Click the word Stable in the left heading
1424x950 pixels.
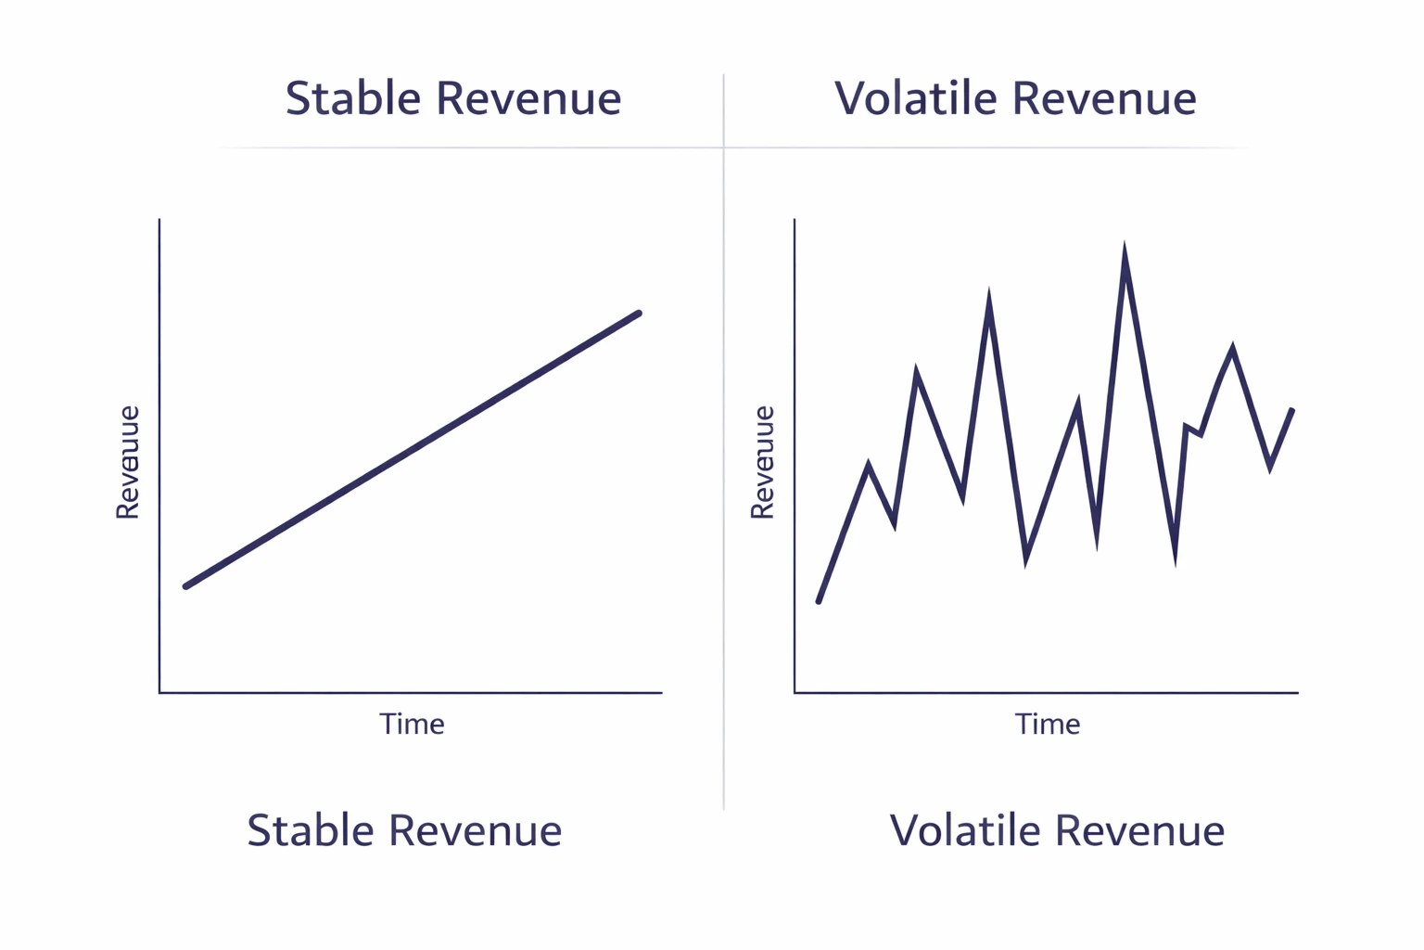353,98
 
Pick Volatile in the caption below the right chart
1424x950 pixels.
964,830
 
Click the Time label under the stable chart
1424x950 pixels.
412,724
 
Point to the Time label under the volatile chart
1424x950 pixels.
1047,724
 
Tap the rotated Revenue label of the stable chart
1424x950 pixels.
127,462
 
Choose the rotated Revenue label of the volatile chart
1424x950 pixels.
762,462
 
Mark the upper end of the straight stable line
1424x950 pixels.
639,314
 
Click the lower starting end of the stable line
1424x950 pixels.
186,586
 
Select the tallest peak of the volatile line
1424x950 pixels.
1125,250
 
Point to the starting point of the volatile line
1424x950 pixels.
819,601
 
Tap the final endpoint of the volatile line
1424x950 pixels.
1291,410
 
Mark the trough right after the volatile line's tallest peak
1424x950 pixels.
1175,559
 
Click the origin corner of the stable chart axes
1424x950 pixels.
160,692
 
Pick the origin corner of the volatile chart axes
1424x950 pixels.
795,692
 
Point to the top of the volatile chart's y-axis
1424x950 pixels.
795,221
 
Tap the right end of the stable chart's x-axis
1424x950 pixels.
660,692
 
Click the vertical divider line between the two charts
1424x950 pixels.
723,464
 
